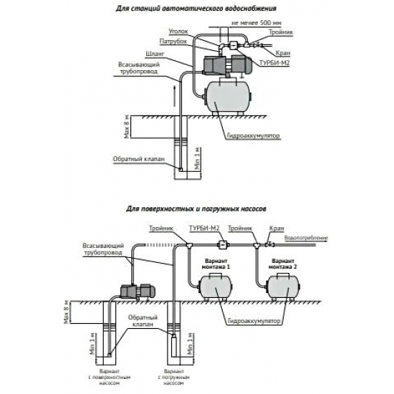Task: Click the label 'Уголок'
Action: point(178,32)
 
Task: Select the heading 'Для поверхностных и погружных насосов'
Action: point(196,212)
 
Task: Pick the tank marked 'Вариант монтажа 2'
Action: point(279,284)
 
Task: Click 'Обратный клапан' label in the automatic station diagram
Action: point(133,159)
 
